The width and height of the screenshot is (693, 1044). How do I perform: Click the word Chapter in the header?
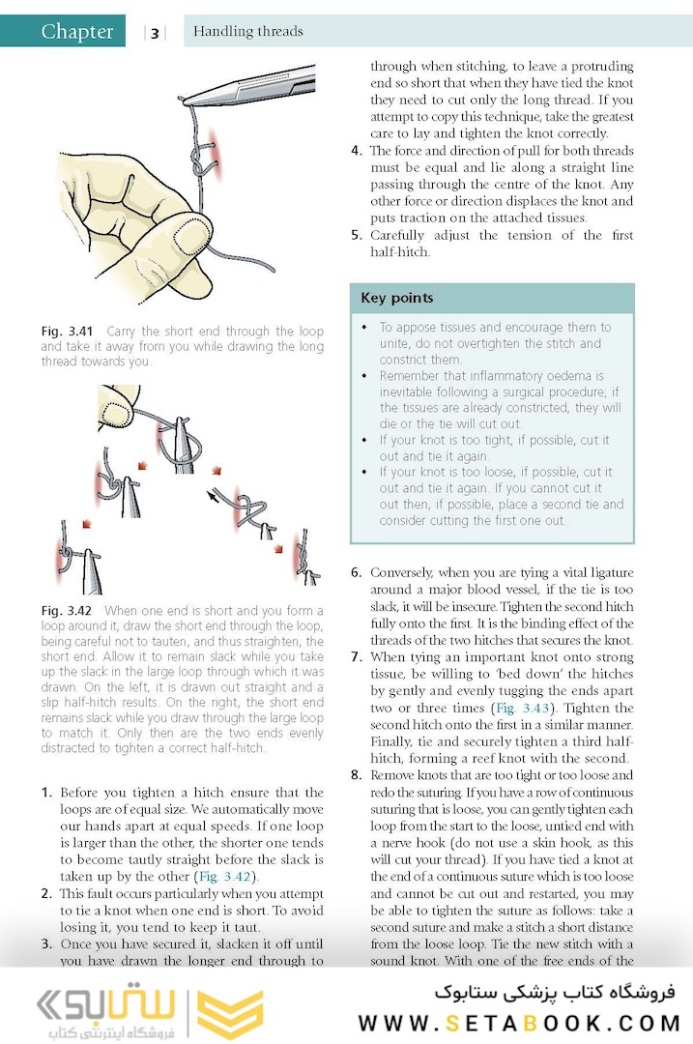76,32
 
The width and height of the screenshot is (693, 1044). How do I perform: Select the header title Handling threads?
248,31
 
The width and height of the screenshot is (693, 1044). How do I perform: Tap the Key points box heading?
396,298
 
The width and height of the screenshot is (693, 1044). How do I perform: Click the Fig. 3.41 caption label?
66,332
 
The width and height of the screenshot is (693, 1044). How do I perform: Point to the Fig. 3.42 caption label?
66,611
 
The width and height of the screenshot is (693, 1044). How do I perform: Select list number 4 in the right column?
356,151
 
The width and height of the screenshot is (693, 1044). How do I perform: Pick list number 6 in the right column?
356,572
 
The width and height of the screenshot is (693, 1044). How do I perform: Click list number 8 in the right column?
356,775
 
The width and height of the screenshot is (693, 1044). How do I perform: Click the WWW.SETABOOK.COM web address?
520,1023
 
